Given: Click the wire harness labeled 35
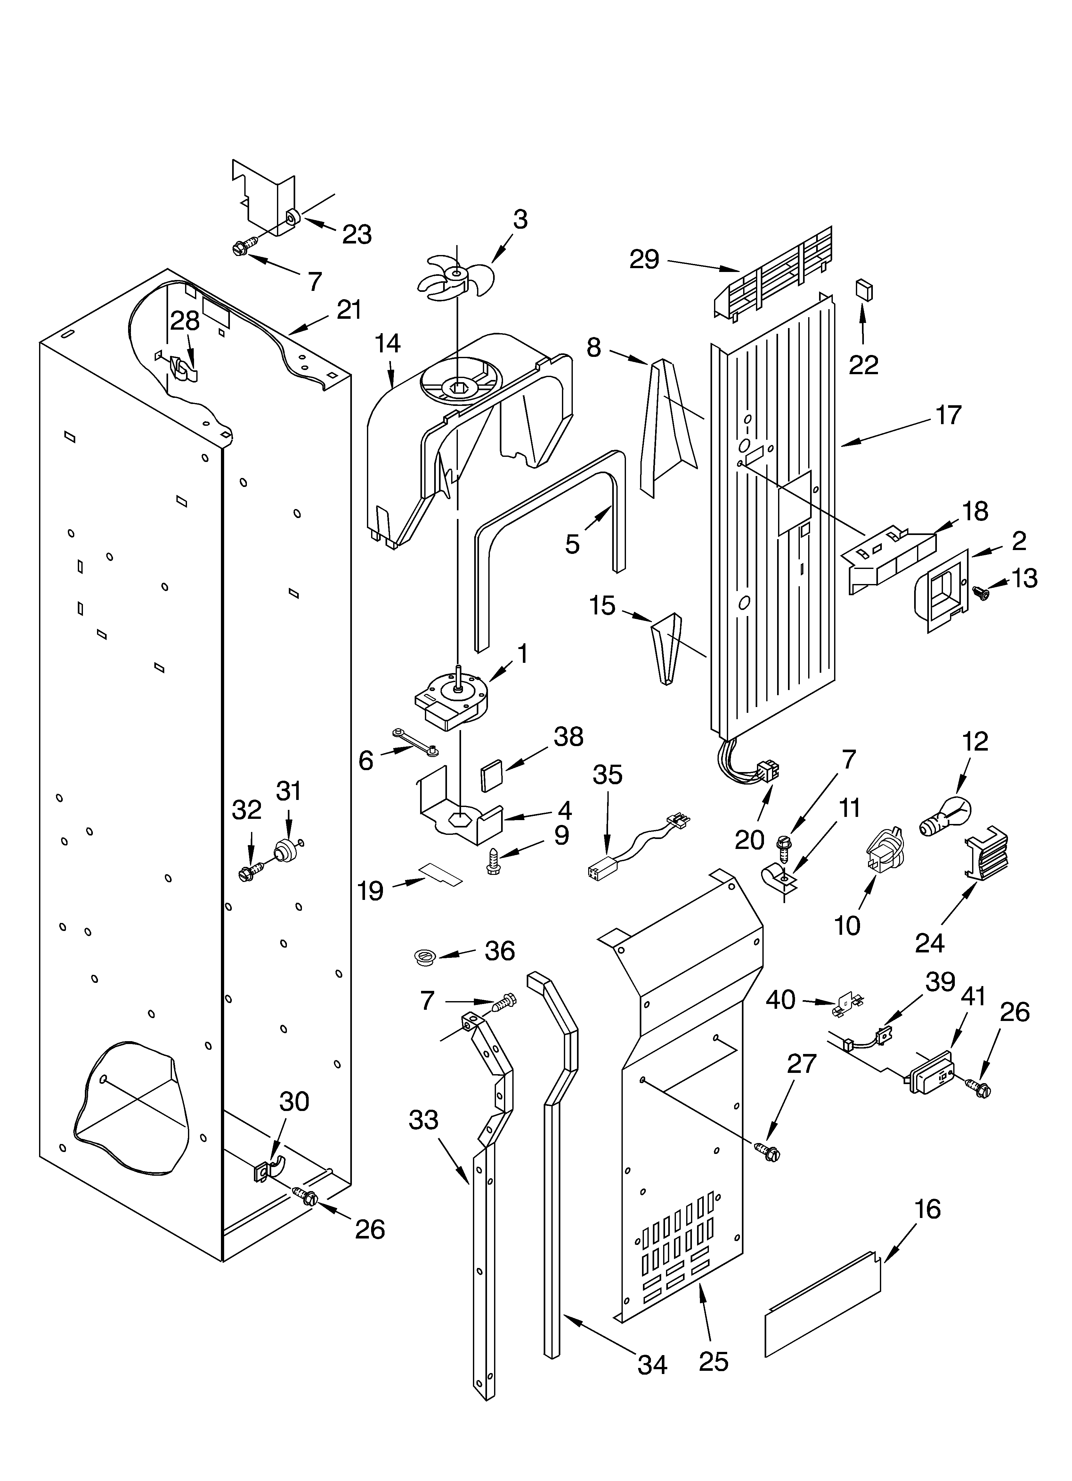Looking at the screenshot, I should coord(637,848).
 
